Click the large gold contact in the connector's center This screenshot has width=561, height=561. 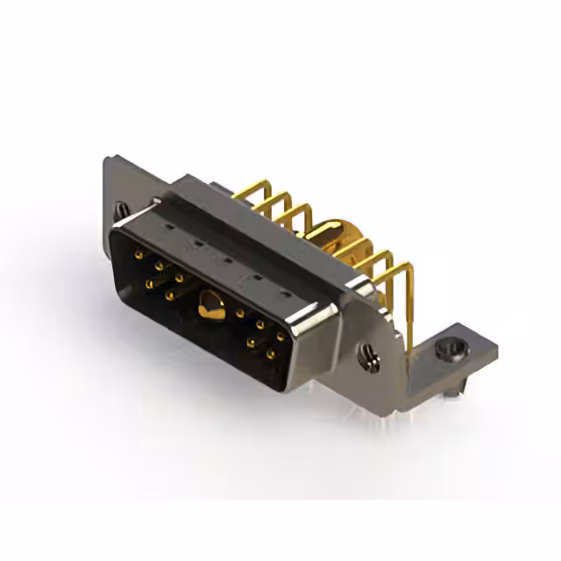point(209,306)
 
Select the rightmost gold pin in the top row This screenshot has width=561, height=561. point(280,335)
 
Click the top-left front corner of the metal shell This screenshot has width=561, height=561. point(112,230)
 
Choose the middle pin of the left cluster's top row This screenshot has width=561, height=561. point(158,263)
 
